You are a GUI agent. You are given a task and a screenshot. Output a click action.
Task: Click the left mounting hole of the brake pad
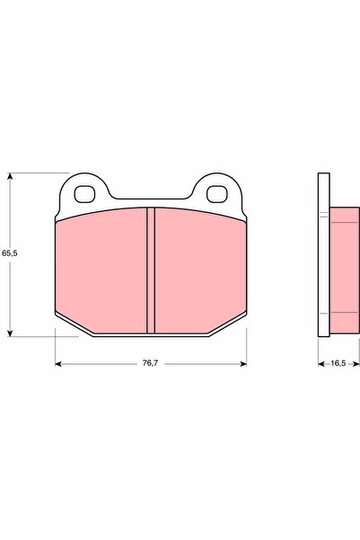coord(87,192)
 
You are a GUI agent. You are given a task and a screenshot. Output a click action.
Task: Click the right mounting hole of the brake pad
coord(216,192)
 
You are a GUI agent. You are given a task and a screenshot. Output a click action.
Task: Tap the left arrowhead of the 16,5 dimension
coord(321,364)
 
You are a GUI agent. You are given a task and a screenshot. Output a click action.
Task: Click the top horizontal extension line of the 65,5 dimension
coord(36,173)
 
